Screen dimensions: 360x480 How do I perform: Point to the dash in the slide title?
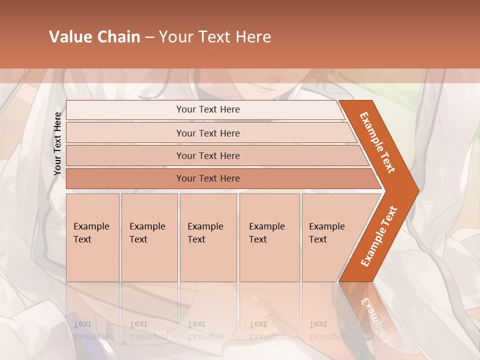click(x=149, y=37)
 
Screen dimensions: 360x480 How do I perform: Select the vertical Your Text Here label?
click(x=57, y=143)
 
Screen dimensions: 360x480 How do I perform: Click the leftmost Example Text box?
click(x=92, y=237)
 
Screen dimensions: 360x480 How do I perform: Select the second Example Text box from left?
click(x=149, y=237)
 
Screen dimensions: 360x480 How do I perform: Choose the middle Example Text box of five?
click(x=208, y=237)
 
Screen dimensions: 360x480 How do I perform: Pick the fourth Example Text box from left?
click(x=269, y=237)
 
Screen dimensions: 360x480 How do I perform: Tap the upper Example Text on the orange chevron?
click(x=377, y=143)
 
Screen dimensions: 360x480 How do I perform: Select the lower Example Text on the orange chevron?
click(x=378, y=236)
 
